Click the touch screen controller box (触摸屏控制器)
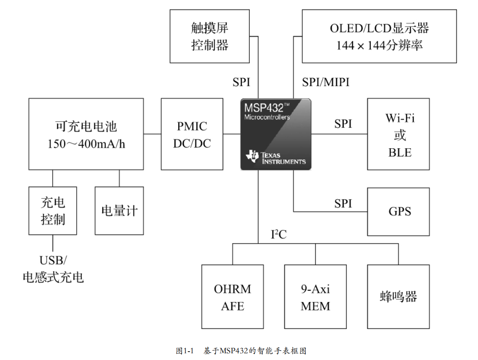click(210, 37)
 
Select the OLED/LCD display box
click(379, 37)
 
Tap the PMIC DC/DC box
click(192, 134)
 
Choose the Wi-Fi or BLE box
click(398, 134)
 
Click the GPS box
click(398, 211)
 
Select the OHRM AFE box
click(232, 297)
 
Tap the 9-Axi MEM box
click(315, 297)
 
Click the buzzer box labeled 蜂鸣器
click(398, 297)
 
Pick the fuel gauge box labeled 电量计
click(120, 211)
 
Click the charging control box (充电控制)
click(53, 211)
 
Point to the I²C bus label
click(278, 235)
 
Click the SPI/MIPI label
click(326, 82)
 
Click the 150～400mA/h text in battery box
click(86, 144)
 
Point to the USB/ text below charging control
click(53, 260)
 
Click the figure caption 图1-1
click(184, 351)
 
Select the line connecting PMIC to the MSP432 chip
click(232, 134)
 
